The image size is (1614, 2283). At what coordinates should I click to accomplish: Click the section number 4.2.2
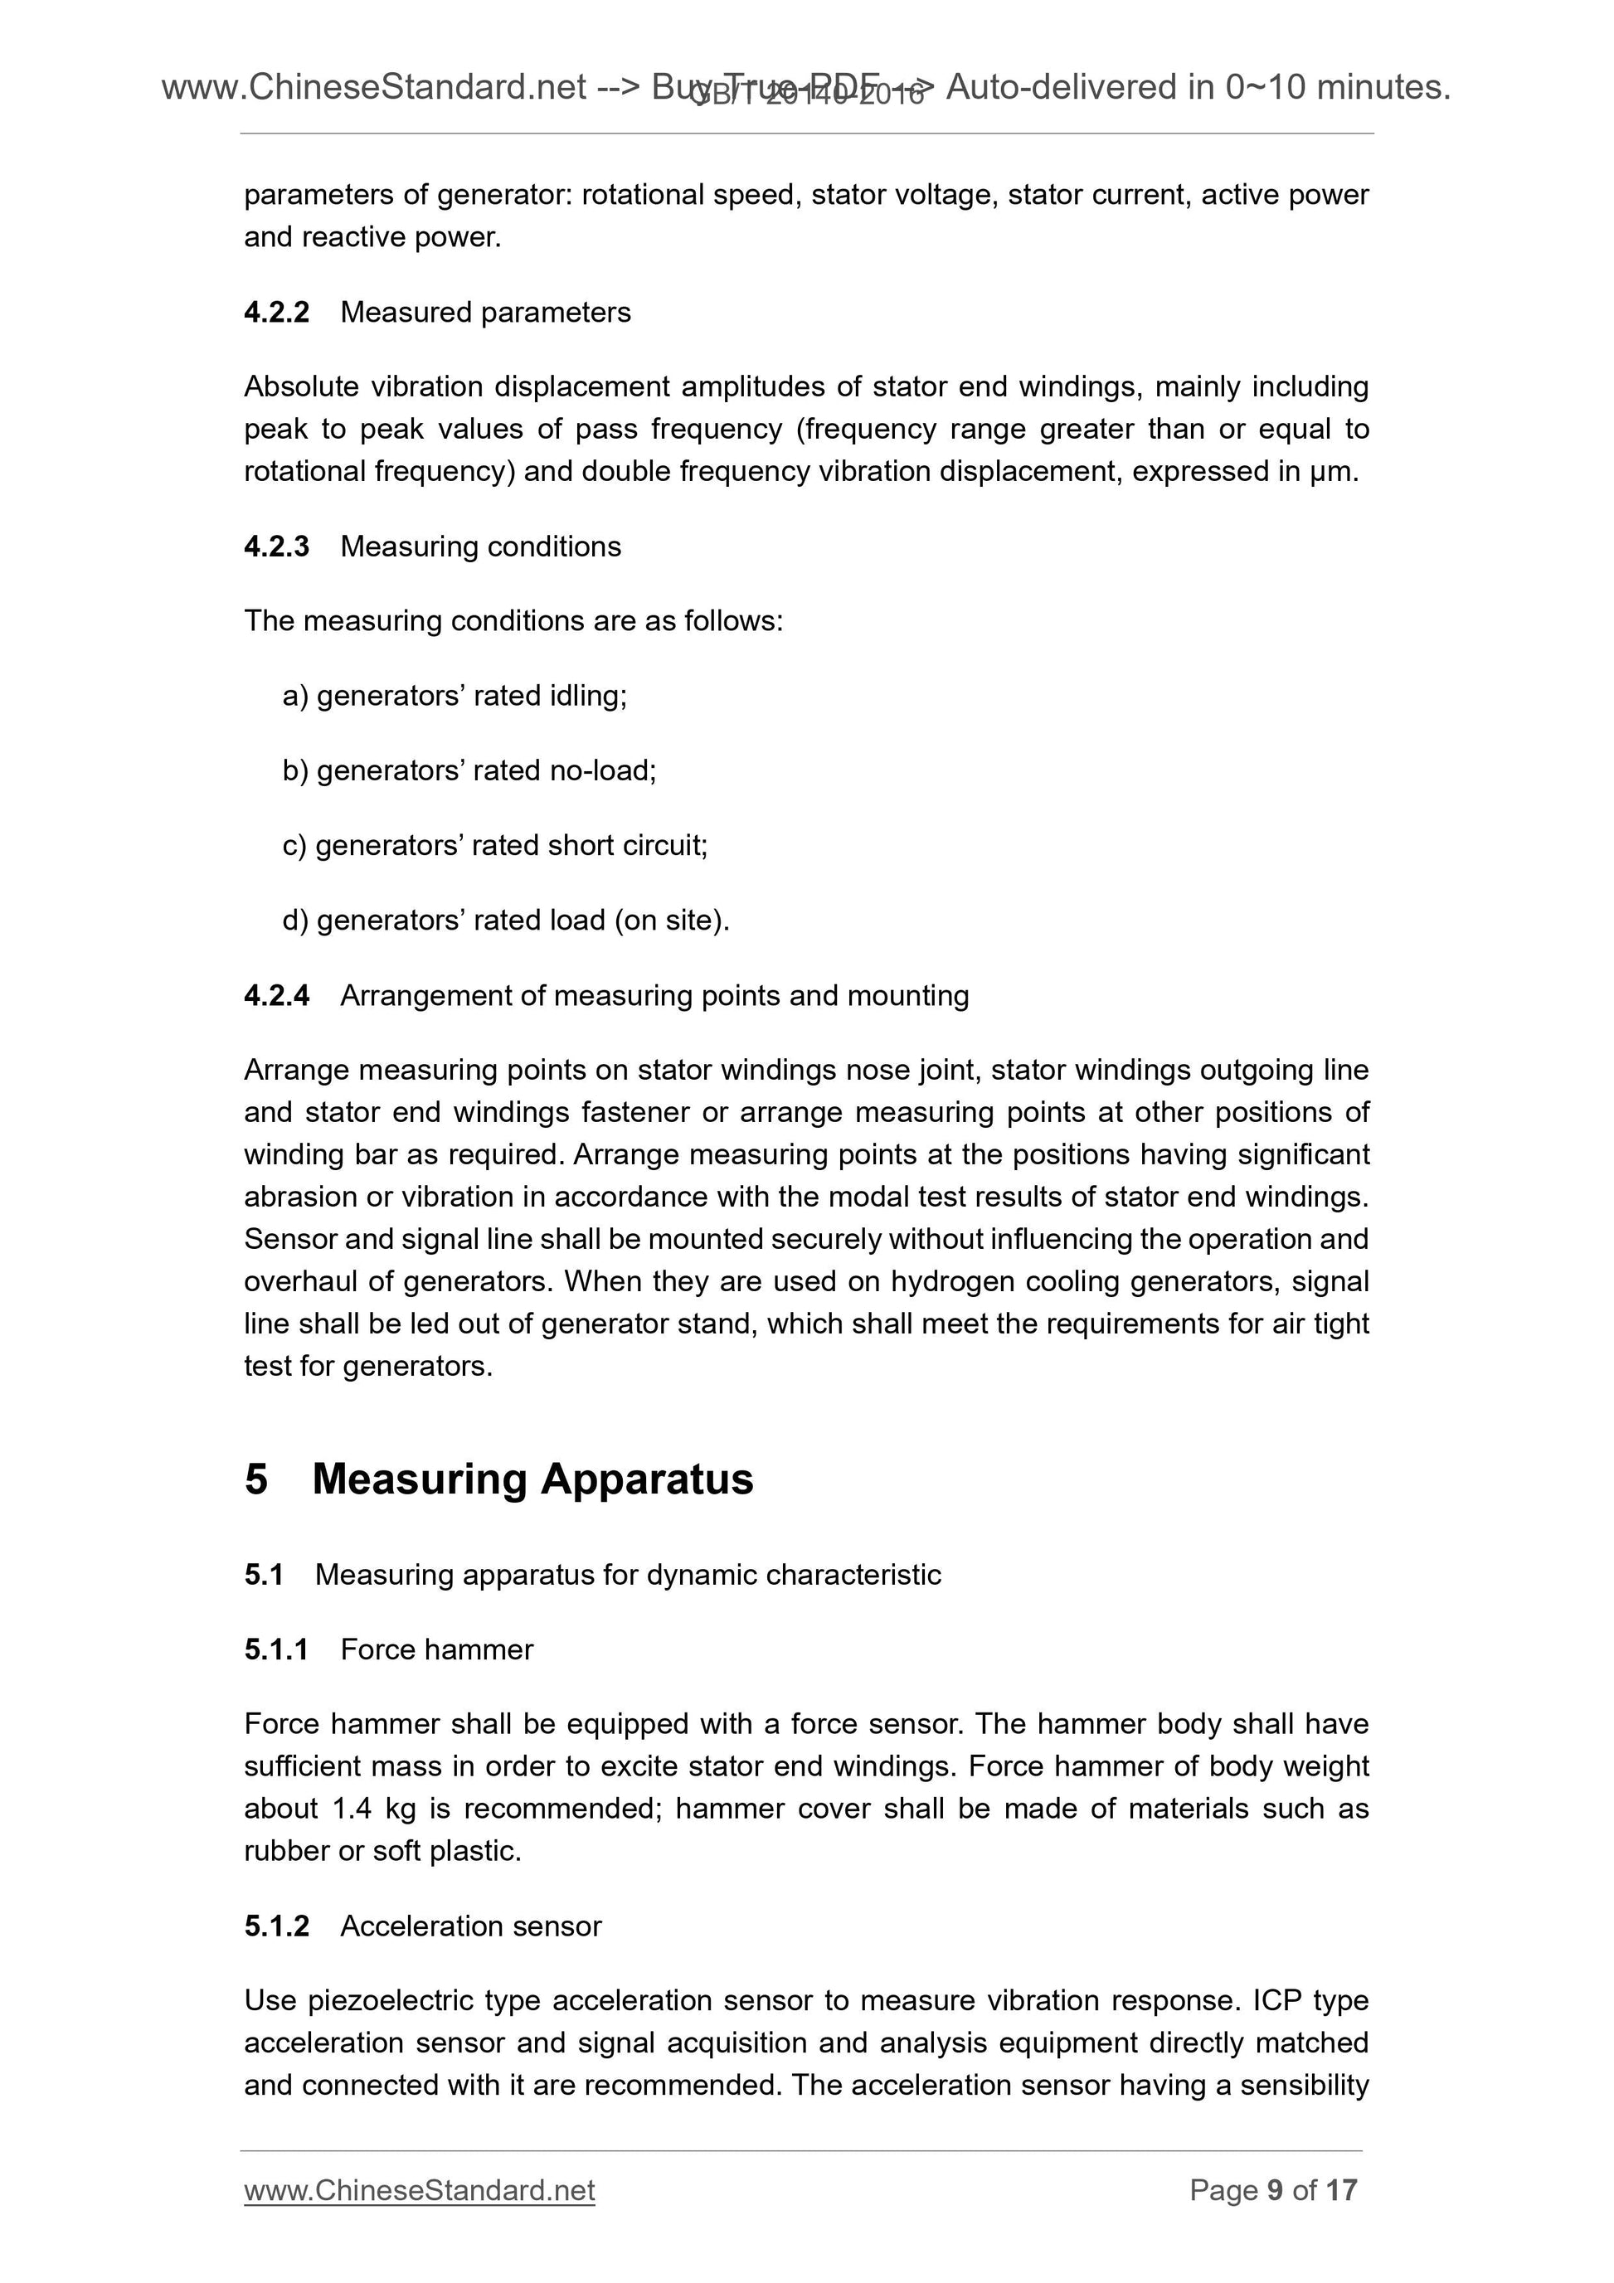276,312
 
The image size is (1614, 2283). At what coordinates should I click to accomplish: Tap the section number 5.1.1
275,1649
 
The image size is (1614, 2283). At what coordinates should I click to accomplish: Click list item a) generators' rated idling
455,696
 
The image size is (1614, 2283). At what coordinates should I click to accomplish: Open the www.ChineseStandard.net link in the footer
419,2189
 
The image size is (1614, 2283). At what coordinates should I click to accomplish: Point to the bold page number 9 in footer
1274,2189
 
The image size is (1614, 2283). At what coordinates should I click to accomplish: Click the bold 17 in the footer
1340,2189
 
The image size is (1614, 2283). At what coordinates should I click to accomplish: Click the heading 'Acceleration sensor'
470,1926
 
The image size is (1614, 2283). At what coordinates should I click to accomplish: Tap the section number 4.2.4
276,995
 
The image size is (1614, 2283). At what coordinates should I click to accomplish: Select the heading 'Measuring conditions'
480,546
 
